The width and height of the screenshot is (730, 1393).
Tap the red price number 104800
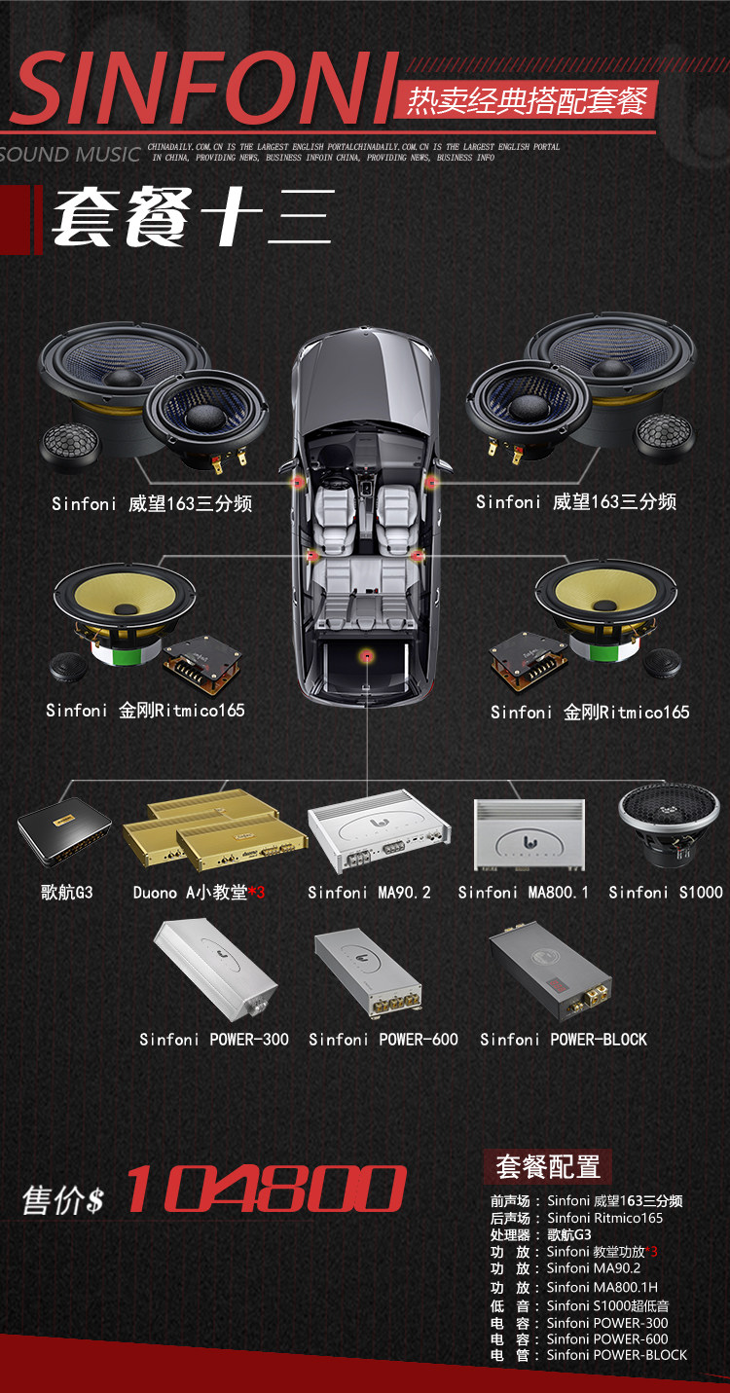(x=267, y=1189)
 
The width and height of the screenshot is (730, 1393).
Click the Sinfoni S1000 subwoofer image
(x=669, y=825)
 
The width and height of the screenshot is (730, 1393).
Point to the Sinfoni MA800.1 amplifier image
(x=529, y=834)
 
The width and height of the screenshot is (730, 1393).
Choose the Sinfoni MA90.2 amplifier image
(x=380, y=830)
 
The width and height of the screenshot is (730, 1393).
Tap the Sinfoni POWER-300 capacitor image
(x=215, y=971)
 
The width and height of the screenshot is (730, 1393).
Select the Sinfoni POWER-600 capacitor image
(x=368, y=973)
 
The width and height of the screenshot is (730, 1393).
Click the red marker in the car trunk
(x=368, y=655)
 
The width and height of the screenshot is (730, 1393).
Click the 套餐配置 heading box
(x=548, y=1166)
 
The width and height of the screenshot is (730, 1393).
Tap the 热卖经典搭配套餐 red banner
(x=526, y=100)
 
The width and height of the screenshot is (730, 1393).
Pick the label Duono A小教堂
(x=190, y=893)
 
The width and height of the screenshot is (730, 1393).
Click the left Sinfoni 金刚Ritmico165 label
(x=145, y=711)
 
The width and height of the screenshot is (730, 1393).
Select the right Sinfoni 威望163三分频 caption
(x=576, y=502)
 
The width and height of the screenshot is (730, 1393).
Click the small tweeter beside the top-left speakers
(x=70, y=445)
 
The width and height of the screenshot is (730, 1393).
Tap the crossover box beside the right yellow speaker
(x=528, y=660)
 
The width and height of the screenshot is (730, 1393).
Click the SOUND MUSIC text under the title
(x=70, y=154)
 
